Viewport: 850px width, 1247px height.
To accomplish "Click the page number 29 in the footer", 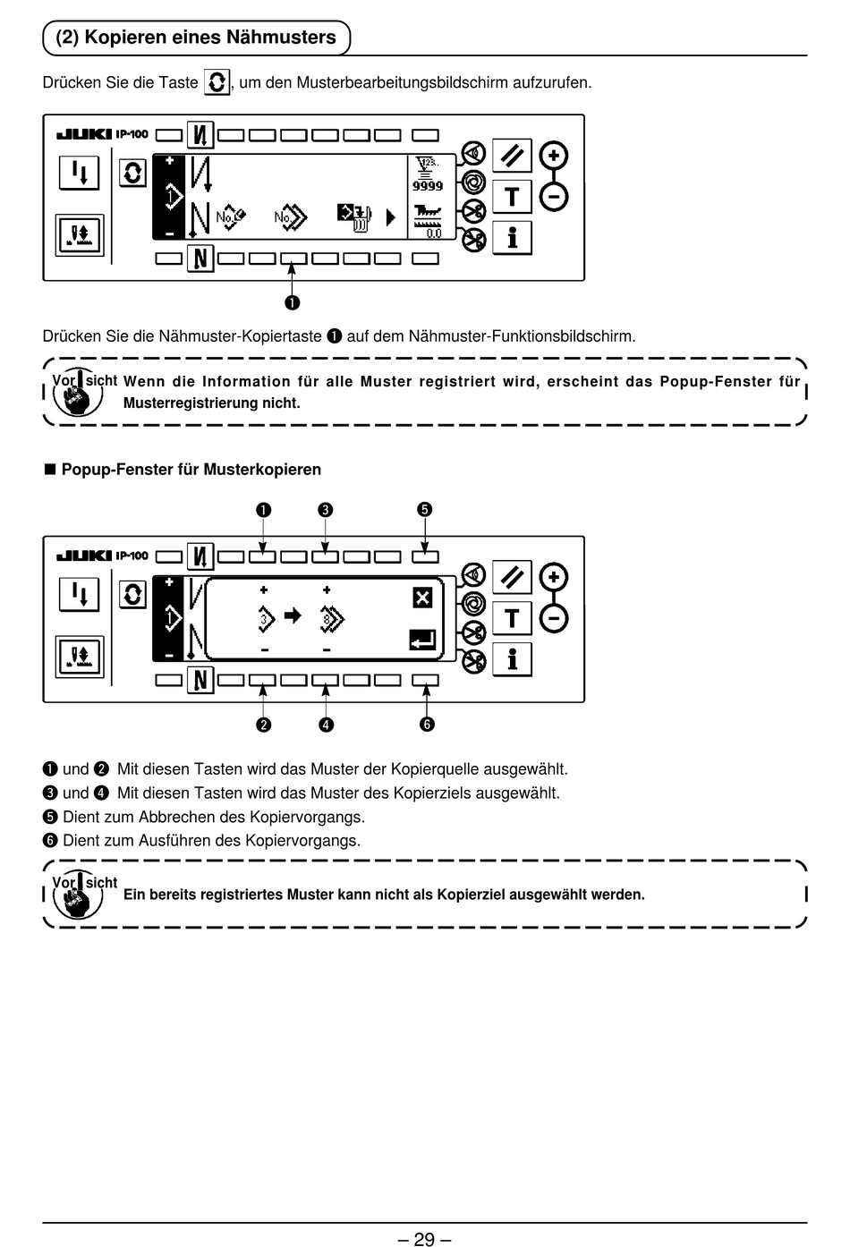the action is [x=424, y=1239].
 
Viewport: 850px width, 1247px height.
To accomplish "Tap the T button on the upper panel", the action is [x=512, y=197].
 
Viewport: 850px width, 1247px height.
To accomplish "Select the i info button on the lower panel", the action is [x=512, y=659].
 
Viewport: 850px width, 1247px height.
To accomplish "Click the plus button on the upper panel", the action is [x=553, y=156].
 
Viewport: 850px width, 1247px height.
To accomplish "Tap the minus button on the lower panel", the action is [x=553, y=618].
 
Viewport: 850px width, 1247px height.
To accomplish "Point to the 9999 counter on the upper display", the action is [x=428, y=186].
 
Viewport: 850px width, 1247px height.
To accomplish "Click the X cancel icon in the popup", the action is [x=422, y=598].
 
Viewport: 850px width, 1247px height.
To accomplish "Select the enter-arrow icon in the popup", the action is [x=422, y=640].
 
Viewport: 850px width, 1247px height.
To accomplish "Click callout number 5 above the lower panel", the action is [x=424, y=509].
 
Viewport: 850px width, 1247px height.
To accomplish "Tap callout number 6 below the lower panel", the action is [x=427, y=725].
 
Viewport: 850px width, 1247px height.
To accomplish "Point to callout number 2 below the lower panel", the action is [x=263, y=725].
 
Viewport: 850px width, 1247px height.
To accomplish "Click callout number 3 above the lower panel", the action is [x=325, y=510].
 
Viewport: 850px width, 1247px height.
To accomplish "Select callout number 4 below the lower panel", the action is [x=327, y=725].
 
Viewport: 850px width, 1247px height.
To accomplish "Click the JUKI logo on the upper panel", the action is [x=85, y=134].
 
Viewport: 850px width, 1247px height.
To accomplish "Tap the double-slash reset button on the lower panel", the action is [x=512, y=577].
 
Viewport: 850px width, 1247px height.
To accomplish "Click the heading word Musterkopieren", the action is [x=262, y=470].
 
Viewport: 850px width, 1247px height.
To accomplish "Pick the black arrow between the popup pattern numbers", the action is [x=293, y=615].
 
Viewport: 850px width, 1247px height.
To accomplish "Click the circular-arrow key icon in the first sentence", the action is [x=217, y=82].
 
